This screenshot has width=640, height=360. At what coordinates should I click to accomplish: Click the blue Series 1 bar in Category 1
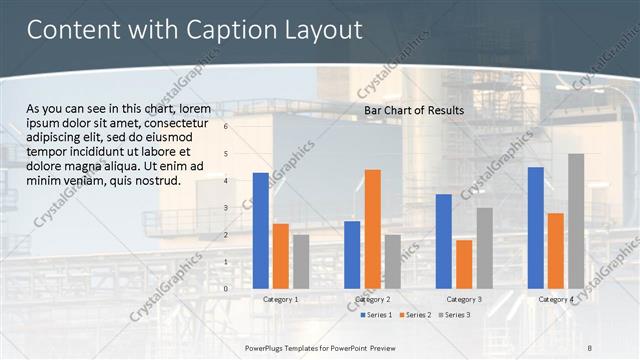pyautogui.click(x=261, y=230)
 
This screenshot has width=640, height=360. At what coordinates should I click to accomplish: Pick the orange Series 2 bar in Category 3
pyautogui.click(x=464, y=263)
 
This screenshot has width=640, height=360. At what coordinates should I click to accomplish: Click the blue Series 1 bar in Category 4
pyautogui.click(x=535, y=227)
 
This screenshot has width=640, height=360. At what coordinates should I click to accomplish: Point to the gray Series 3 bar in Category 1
pyautogui.click(x=301, y=261)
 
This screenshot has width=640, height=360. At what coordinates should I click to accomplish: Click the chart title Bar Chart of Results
pyautogui.click(x=414, y=109)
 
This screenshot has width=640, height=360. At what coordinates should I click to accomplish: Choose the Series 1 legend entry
pyautogui.click(x=376, y=315)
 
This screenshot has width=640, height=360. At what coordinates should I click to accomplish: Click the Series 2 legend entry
pyautogui.click(x=414, y=315)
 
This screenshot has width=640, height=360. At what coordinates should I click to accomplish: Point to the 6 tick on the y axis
pyautogui.click(x=226, y=127)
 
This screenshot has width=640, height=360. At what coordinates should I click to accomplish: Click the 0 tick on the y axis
pyautogui.click(x=226, y=288)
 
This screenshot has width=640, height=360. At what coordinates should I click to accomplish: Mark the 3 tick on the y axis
pyautogui.click(x=226, y=208)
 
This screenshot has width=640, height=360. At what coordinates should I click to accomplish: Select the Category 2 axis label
pyautogui.click(x=373, y=299)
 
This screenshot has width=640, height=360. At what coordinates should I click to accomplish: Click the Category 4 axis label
pyautogui.click(x=556, y=299)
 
